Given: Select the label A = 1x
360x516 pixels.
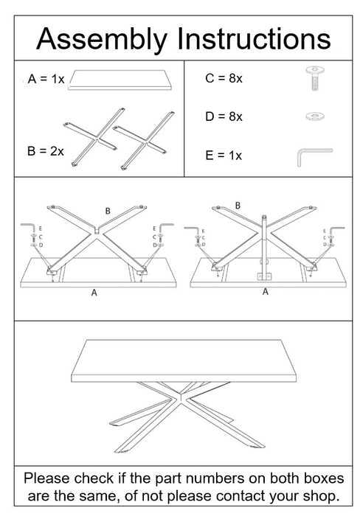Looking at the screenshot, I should click(x=45, y=79).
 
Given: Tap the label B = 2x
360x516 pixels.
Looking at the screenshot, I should click(x=45, y=151).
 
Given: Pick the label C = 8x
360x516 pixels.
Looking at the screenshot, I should click(x=224, y=79).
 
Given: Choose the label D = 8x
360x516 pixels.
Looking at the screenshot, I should click(x=224, y=116).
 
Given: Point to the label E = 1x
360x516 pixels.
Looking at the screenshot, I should click(x=224, y=156).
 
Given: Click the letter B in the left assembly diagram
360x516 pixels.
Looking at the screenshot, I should click(x=108, y=212).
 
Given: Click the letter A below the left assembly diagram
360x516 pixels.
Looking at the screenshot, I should click(x=94, y=293).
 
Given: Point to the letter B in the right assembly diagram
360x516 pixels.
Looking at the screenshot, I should click(x=237, y=204).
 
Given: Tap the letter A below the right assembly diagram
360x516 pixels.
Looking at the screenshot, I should click(x=266, y=292).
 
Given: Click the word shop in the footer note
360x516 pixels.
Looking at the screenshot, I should click(x=319, y=493).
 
